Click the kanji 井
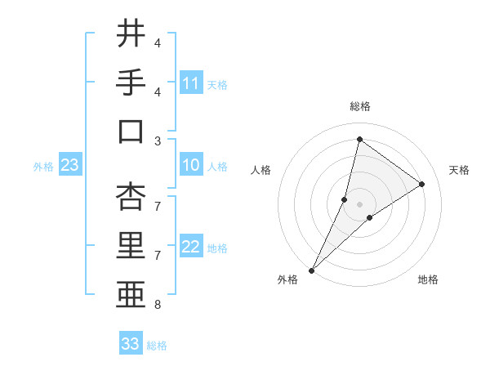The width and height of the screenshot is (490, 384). point(130,34)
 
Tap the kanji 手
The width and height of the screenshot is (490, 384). point(130,84)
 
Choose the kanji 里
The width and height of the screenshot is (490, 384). point(130,246)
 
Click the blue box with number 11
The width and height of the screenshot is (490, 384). point(191,83)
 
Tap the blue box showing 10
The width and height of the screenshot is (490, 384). point(191,166)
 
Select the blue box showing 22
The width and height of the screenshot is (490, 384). point(191,248)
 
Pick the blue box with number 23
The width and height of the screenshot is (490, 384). point(70,166)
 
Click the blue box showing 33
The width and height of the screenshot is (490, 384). point(131,344)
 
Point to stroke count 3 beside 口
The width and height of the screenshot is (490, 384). point(158,141)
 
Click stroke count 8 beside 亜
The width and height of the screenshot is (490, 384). point(158,306)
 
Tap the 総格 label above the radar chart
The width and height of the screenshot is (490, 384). point(359,106)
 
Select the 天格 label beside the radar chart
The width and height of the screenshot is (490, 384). point(459,170)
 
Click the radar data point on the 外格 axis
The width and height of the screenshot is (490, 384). point(312,270)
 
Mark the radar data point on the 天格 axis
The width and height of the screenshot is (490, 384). point(422,184)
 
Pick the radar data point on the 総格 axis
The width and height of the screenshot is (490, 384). point(359,139)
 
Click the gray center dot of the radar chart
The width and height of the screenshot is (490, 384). point(359,204)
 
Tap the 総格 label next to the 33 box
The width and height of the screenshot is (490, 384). point(157,346)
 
